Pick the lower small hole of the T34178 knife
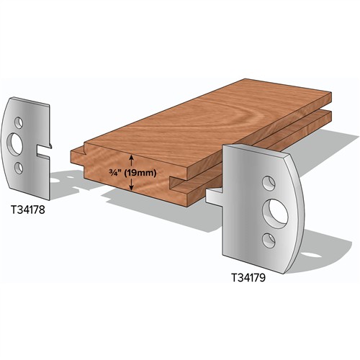pos(20,168)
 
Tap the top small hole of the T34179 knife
pos(267,181)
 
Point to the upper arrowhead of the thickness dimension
pos(130,156)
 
